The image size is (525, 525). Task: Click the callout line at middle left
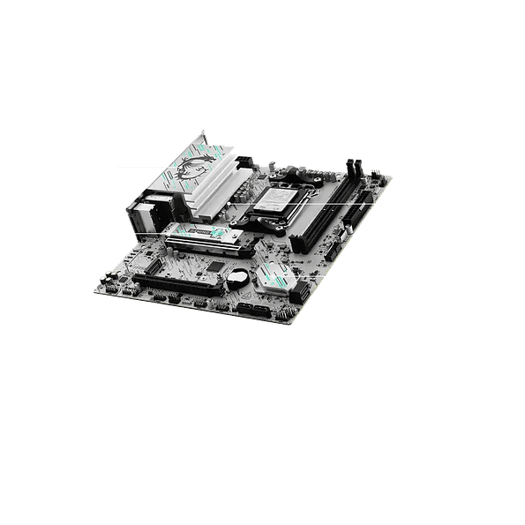coord(138,233)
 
